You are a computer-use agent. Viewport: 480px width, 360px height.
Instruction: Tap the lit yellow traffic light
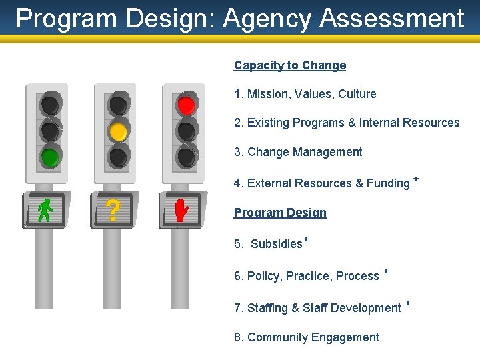118,131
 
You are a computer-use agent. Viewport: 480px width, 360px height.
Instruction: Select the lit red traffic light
186,105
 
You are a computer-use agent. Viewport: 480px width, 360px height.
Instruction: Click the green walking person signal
45,211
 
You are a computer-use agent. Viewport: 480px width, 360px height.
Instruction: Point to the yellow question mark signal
113,211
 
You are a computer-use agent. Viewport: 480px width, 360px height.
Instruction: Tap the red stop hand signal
181,211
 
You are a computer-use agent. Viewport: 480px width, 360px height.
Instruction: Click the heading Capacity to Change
290,65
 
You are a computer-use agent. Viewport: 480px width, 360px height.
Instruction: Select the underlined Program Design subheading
280,213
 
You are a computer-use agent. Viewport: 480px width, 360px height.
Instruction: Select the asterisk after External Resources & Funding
417,181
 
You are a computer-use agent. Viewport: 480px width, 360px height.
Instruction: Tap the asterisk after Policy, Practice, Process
387,273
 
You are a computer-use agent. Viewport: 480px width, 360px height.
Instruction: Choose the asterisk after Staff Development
408,305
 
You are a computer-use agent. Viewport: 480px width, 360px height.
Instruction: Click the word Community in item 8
275,337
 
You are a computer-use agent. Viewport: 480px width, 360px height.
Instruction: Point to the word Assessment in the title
391,19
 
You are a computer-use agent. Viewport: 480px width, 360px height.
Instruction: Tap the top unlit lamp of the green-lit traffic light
49,105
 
